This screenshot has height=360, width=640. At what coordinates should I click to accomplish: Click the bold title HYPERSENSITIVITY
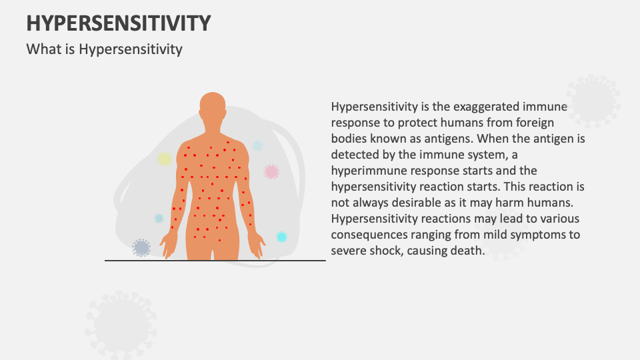pos(119,23)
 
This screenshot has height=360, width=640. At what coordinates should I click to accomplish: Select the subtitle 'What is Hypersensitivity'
pos(104,49)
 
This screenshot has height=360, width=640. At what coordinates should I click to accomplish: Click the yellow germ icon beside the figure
pos(165,159)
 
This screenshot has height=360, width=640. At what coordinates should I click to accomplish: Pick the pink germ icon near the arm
pos(271,171)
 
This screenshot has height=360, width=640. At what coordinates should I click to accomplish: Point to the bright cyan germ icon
pos(281,237)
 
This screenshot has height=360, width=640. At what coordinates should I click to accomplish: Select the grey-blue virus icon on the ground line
pos(141,247)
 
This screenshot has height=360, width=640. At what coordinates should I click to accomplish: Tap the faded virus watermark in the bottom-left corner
pos(121,325)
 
